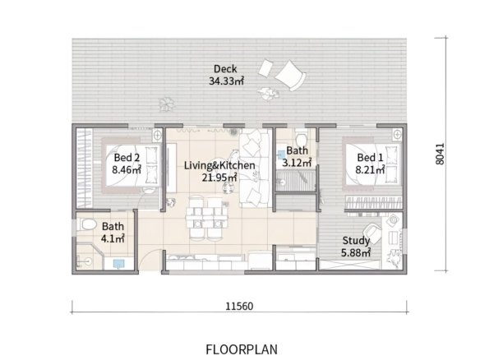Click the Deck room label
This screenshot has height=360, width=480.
pyautogui.click(x=225, y=69)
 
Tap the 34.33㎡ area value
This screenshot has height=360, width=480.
pyautogui.click(x=226, y=81)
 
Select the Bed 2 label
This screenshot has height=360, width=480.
pyautogui.click(x=127, y=157)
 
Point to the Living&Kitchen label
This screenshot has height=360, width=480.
pyautogui.click(x=219, y=165)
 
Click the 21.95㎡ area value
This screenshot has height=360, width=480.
pyautogui.click(x=219, y=178)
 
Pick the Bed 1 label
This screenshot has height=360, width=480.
pyautogui.click(x=370, y=157)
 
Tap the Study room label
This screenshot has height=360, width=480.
pyautogui.click(x=356, y=241)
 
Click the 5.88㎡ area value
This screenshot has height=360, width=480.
pyautogui.click(x=356, y=253)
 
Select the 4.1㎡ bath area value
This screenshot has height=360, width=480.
pyautogui.click(x=113, y=238)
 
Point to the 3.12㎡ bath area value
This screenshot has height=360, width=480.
pyautogui.click(x=297, y=163)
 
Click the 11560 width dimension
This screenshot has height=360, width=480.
pyautogui.click(x=239, y=306)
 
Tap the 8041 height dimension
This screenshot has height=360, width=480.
pyautogui.click(x=440, y=154)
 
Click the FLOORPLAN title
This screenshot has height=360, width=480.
pyautogui.click(x=242, y=349)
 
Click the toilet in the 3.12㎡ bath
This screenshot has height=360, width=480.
pyautogui.click(x=302, y=137)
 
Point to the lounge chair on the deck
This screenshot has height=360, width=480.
pyautogui.click(x=290, y=76)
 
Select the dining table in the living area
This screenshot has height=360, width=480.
pyautogui.click(x=207, y=217)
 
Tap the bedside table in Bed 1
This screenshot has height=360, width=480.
pyautogui.click(x=397, y=134)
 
